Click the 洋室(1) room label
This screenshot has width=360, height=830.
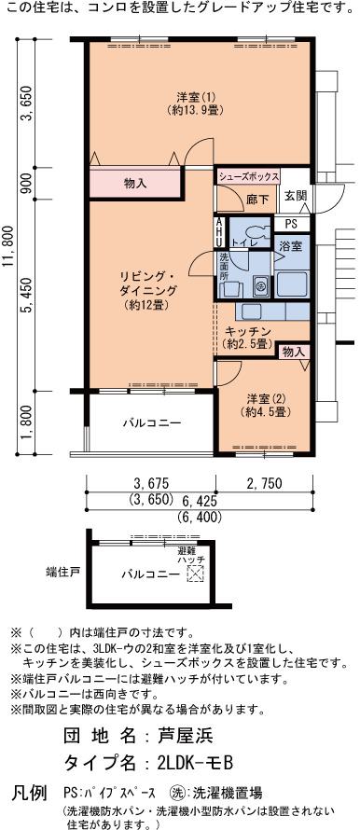coord(195,104)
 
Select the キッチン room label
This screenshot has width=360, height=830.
coord(248,338)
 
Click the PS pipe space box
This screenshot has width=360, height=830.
coord(291,224)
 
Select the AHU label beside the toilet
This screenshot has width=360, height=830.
coord(218,233)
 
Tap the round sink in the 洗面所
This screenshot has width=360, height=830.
coord(261,286)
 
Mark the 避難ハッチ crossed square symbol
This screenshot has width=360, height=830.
coord(195,574)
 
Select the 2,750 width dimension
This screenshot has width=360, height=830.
coord(264,483)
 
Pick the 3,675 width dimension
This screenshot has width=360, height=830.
coord(151,483)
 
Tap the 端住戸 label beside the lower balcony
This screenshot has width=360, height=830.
coord(62,572)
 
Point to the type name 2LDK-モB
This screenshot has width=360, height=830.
coord(195,763)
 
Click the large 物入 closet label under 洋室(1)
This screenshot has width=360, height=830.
coord(135,184)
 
